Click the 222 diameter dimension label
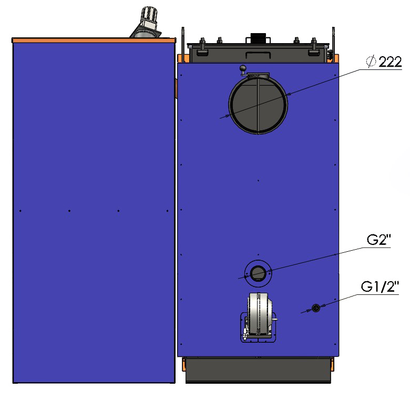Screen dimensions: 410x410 [390, 62]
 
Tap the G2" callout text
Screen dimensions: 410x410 [378, 240]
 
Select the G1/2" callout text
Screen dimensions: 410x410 [380, 286]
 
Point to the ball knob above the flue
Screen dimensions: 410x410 [243, 68]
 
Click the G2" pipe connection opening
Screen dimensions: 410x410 [258, 273]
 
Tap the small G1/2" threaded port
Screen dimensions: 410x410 [316, 308]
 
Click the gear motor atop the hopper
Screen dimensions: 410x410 [148, 19]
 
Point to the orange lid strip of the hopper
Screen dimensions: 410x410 [94, 40]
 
